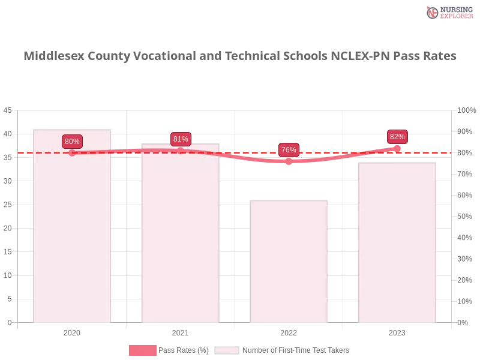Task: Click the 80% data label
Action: coord(72,142)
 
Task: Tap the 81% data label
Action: coord(181,139)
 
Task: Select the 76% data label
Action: coord(289,150)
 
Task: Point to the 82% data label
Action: coord(397,137)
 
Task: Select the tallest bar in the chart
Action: coord(72,228)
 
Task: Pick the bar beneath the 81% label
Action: coord(180,234)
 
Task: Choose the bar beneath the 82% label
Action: coord(396,243)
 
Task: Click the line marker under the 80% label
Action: coord(72,153)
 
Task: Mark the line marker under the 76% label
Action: coord(289,161)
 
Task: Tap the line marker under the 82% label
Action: coord(397,148)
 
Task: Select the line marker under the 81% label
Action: coord(181,151)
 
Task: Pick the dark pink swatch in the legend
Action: coord(143,350)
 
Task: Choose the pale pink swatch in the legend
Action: coord(227,350)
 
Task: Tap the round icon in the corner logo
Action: coord(433,13)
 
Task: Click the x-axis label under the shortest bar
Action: coord(288,332)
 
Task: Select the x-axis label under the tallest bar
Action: coord(72,332)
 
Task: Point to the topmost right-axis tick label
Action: coord(465,110)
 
